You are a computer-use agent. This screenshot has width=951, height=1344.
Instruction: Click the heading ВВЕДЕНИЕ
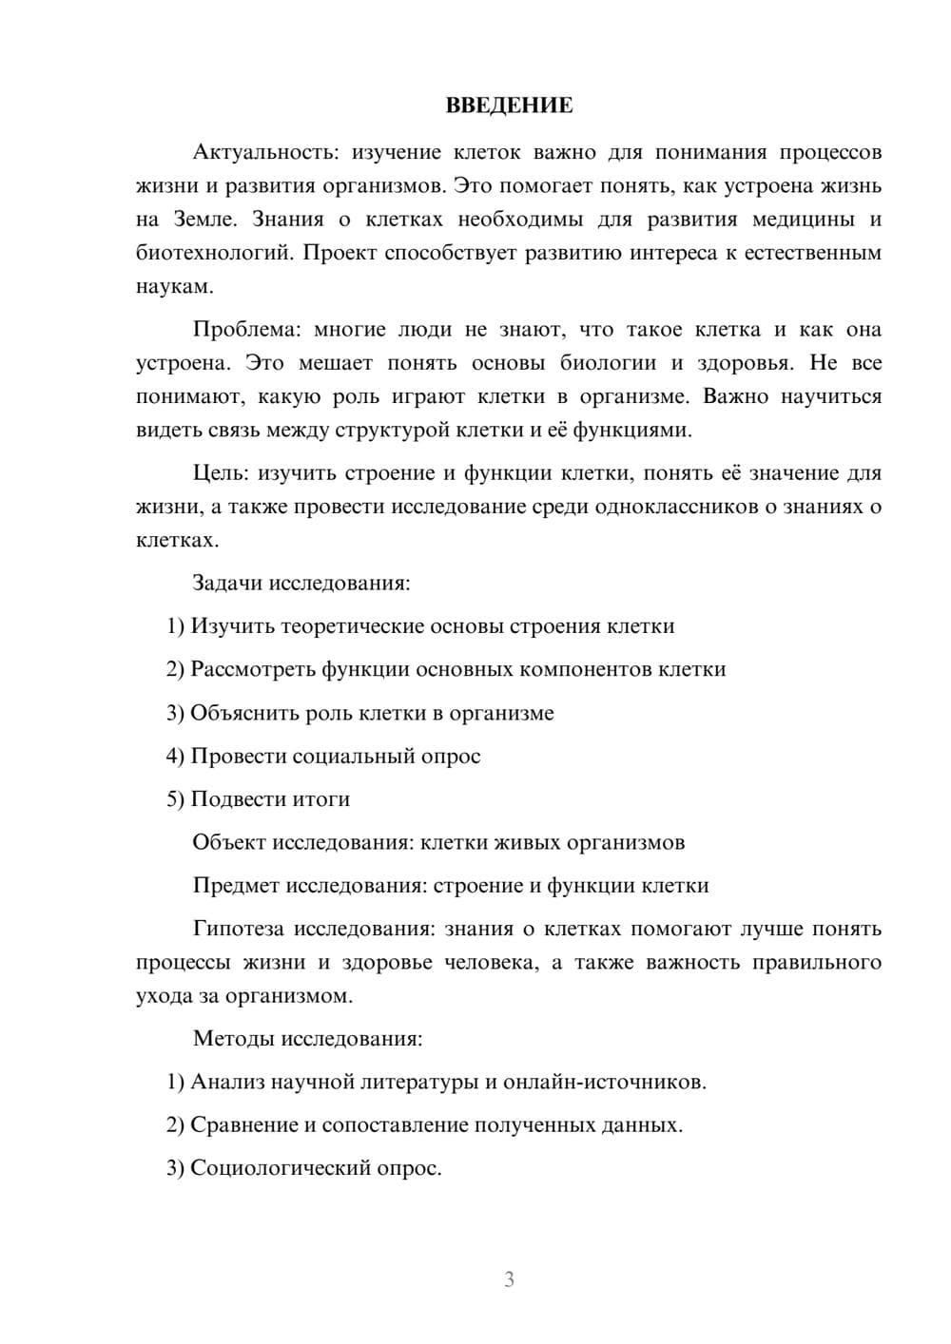click(509, 105)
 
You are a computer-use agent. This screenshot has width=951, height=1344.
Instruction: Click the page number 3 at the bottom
click(509, 1279)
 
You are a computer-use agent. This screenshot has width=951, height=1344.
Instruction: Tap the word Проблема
click(245, 330)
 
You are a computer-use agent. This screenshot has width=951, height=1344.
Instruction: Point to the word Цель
click(220, 473)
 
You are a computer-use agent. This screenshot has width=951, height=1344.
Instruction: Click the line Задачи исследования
click(301, 583)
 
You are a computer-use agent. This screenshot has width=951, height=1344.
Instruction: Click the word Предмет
click(236, 886)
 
